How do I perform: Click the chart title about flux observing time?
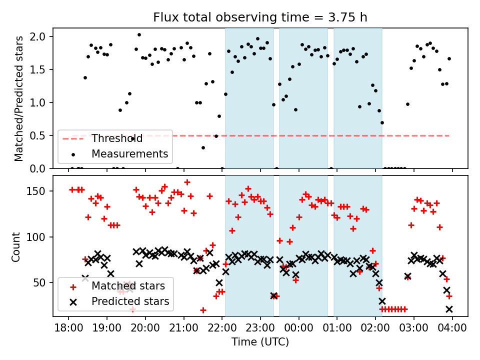(260, 17)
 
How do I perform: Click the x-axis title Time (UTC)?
(260, 342)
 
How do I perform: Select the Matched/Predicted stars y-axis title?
(19, 98)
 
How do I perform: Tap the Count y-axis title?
(16, 246)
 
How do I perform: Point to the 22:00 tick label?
(222, 329)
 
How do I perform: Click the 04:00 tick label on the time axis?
(452, 329)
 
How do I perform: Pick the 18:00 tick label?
(68, 329)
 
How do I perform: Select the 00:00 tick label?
(299, 329)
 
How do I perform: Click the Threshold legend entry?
(117, 138)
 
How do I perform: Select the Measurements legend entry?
(129, 153)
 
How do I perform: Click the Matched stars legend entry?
(128, 286)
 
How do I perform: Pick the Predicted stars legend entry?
(130, 301)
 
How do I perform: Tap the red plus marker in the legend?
(73, 287)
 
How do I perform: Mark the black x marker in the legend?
(73, 302)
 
